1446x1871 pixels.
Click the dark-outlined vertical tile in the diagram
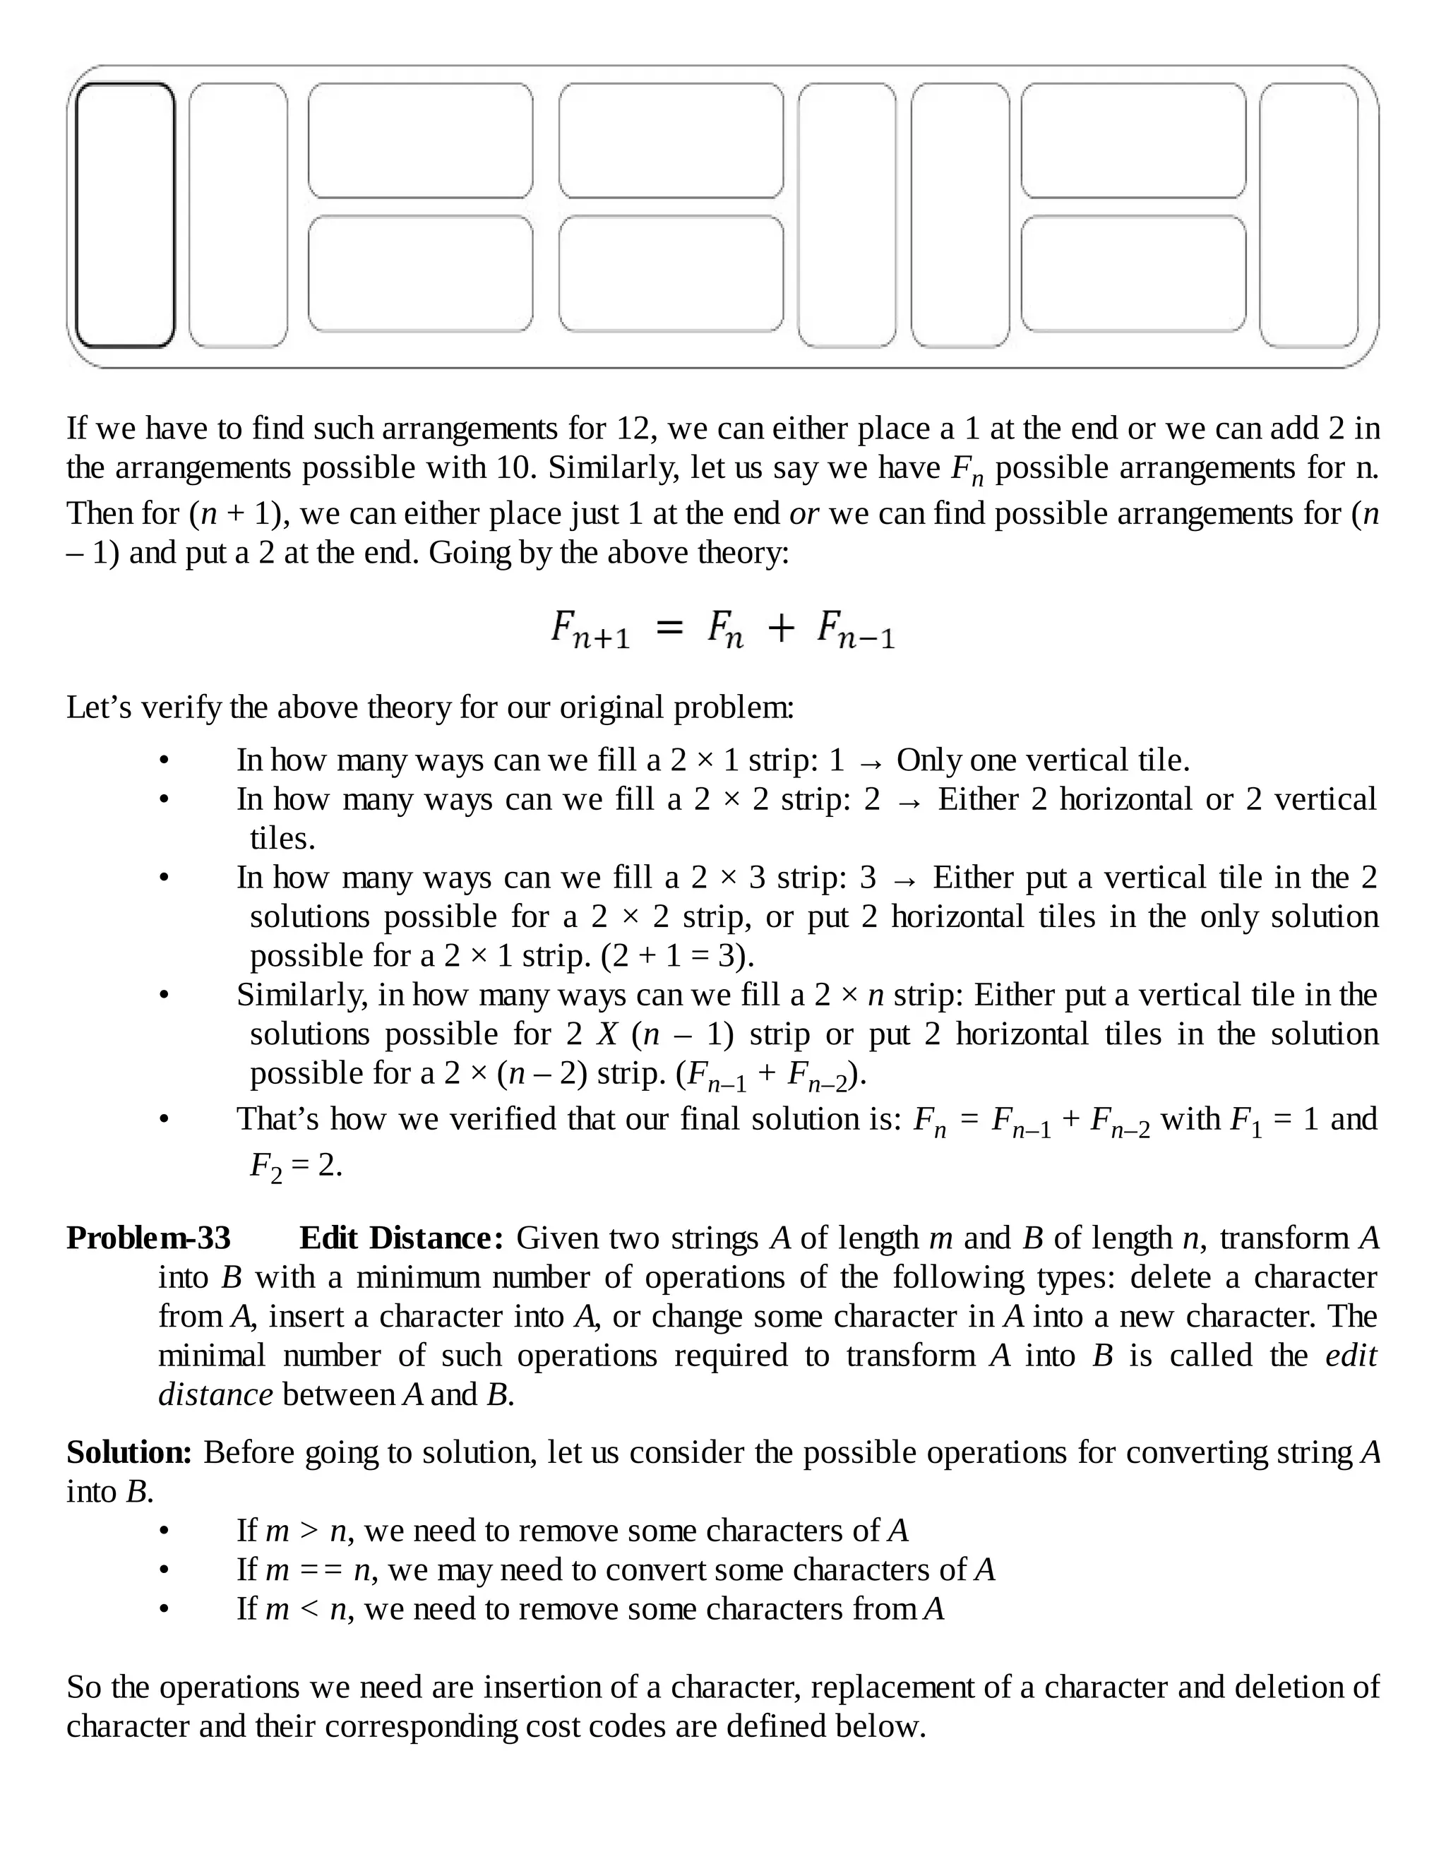[125, 215]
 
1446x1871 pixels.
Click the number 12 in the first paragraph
[635, 429]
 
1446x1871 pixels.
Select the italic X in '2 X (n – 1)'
[607, 1034]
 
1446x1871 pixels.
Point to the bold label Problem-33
[149, 1238]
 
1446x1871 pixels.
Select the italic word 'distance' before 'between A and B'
[215, 1394]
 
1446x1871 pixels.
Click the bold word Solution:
[129, 1452]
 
